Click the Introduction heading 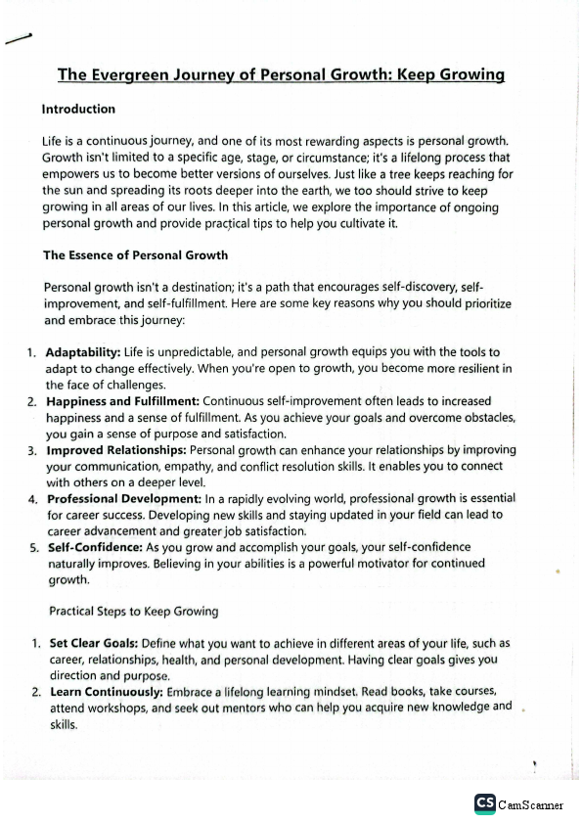(x=78, y=110)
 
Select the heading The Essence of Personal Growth (x=135, y=255)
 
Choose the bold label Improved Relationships (x=117, y=450)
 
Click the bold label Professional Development (x=124, y=498)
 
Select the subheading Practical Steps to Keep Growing (x=133, y=612)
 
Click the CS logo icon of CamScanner (x=484, y=803)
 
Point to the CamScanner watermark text (x=530, y=804)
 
